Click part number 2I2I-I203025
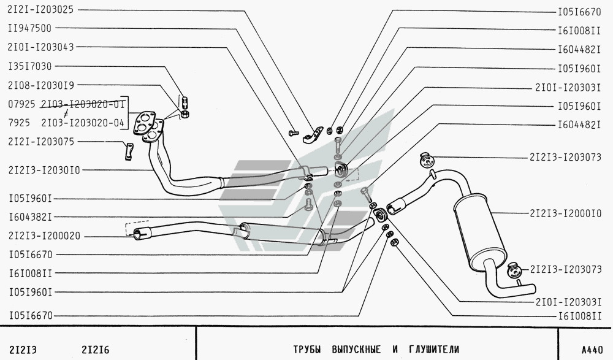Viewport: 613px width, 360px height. tap(40, 9)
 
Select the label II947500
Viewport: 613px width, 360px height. tap(29, 28)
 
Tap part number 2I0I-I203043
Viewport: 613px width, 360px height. tap(40, 47)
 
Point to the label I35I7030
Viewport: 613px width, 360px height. tap(29, 66)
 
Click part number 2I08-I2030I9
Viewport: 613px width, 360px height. tap(40, 85)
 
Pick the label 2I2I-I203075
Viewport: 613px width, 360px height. tap(40, 141)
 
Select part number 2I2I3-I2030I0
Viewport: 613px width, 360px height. tap(44, 170)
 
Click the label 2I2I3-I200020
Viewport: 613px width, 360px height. tap(44, 236)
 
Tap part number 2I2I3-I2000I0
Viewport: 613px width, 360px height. tap(565, 213)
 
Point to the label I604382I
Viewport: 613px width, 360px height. tap(30, 216)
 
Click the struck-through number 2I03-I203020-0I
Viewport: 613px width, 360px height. tap(83, 104)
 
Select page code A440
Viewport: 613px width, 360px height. tap(592, 350)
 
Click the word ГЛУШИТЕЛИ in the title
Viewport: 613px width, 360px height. tap(434, 349)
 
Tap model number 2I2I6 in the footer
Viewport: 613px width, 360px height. tap(96, 350)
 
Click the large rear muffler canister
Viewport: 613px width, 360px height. tap(479, 229)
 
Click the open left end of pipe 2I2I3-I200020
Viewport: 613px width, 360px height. tap(137, 234)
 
